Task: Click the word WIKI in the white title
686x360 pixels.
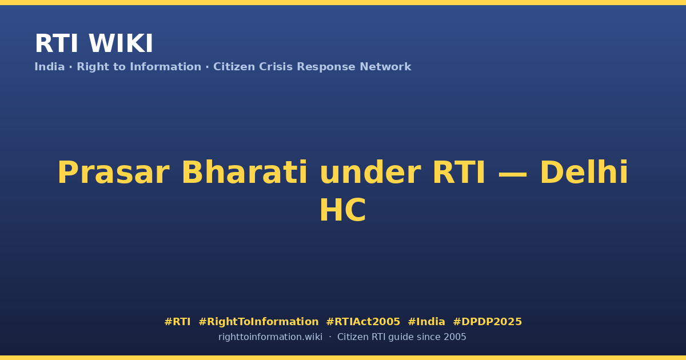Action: coord(121,43)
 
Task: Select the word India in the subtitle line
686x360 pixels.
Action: coord(50,67)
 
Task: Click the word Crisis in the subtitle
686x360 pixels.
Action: coord(276,67)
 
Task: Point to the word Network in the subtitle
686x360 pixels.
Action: coord(385,67)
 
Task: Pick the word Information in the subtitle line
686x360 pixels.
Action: coord(166,67)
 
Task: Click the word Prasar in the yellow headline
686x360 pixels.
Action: coord(113,173)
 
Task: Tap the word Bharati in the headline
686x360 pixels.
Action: coord(245,173)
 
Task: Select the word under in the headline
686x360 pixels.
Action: coord(370,173)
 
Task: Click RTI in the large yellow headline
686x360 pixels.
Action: coord(458,173)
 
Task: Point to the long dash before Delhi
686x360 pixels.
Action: coord(513,174)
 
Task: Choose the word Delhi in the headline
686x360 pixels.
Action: coord(584,172)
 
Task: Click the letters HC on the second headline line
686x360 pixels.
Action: coord(342,210)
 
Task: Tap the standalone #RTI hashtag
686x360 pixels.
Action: coord(177,322)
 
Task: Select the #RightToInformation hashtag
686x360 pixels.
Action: coord(258,322)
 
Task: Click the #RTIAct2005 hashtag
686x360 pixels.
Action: coord(363,322)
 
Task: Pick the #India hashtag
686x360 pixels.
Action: coord(426,322)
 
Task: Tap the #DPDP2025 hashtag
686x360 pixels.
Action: coord(487,322)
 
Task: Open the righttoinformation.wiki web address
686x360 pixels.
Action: coord(270,337)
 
